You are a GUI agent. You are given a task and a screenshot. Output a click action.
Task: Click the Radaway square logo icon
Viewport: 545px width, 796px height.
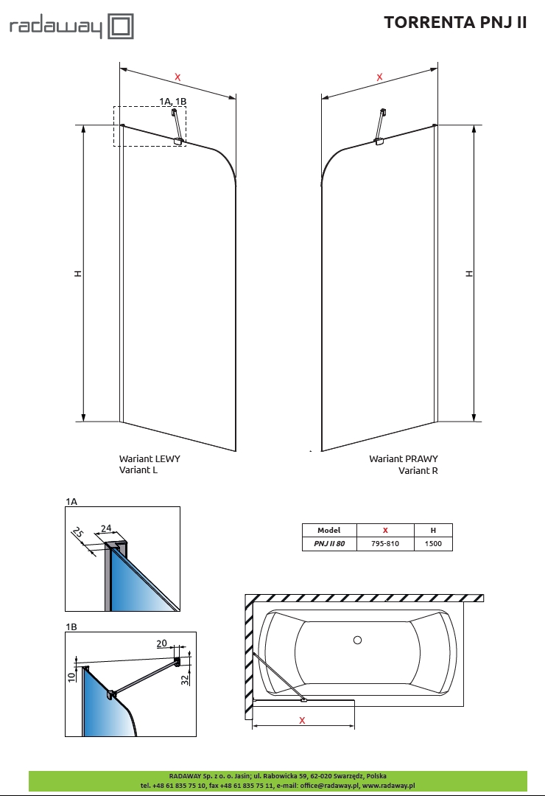point(122,27)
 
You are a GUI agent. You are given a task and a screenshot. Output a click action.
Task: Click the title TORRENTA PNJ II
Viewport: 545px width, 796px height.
point(455,23)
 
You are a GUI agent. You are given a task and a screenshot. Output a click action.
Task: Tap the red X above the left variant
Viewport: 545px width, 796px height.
point(177,76)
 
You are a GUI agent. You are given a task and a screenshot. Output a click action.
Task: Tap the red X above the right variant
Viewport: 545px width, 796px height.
point(380,77)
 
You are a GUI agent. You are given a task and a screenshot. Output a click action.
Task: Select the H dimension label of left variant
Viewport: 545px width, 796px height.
point(77,273)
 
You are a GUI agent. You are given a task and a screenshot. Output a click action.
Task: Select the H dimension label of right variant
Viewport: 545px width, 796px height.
point(468,273)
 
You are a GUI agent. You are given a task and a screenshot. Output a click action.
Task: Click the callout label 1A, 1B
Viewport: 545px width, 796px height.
point(173,100)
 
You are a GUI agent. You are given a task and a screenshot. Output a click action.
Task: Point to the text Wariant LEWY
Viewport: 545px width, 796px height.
point(150,458)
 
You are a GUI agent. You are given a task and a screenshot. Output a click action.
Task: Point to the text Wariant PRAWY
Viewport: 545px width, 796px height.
point(404,458)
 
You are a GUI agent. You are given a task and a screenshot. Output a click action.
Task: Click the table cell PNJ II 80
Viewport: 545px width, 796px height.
point(329,544)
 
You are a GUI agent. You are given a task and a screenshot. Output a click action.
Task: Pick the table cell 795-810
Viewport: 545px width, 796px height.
point(385,544)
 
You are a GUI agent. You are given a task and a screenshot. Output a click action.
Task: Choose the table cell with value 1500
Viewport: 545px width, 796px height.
point(433,544)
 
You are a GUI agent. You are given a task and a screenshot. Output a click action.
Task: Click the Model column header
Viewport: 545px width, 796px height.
point(329,530)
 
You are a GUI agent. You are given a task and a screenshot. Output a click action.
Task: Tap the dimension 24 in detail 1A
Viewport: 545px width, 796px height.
point(105,528)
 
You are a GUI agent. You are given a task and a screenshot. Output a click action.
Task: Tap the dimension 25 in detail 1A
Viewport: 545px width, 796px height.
point(79,533)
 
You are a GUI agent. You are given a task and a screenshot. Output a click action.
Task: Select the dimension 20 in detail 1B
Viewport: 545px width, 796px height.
point(162,643)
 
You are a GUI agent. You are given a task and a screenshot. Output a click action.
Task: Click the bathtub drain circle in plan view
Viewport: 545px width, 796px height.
point(358,640)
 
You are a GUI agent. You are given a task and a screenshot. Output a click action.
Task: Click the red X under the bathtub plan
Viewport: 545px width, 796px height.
point(302,720)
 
